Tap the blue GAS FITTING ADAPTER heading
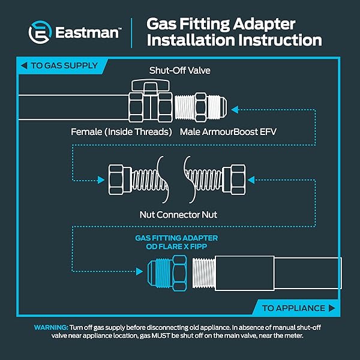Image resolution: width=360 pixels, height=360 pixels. coord(176,238)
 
